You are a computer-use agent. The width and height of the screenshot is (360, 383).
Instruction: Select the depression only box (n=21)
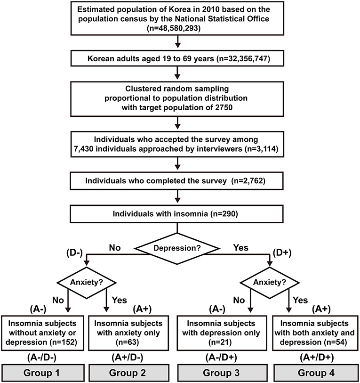point(222,332)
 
